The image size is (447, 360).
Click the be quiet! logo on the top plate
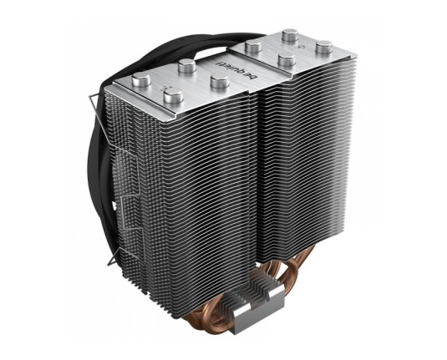pyautogui.click(x=236, y=69)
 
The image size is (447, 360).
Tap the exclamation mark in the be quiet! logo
pyautogui.click(x=219, y=62)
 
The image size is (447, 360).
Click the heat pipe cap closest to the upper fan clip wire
pyautogui.click(x=141, y=79)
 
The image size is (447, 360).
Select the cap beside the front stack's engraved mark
pyautogui.click(x=173, y=95)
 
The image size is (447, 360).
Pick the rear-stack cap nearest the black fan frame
pyautogui.click(x=253, y=47)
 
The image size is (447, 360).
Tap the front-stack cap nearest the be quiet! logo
pyautogui.click(x=220, y=81)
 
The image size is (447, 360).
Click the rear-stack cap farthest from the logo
pyautogui.click(x=324, y=48)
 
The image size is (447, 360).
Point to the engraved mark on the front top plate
pyautogui.click(x=166, y=87)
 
